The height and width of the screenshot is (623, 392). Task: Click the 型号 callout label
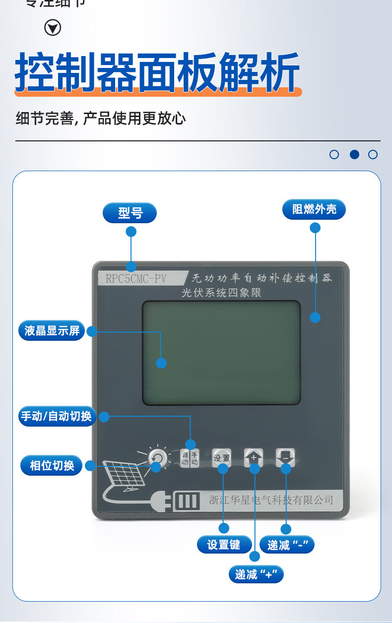[130, 213]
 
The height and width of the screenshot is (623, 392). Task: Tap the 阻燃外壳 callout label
[314, 209]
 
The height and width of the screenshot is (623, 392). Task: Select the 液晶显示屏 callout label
[52, 331]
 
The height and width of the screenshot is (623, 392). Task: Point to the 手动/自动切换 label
[56, 416]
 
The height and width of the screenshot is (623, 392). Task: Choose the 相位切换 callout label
[52, 466]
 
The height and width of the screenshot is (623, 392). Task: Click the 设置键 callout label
[223, 545]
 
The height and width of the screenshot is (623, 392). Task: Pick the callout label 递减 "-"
[287, 545]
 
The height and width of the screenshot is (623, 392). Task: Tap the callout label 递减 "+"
[256, 574]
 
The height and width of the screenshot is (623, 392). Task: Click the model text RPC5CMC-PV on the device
[136, 278]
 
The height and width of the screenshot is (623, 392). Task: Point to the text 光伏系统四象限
[221, 293]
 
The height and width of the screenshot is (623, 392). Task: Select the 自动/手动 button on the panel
[190, 458]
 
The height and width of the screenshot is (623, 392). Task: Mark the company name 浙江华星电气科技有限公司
[271, 500]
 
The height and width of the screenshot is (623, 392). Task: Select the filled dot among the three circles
[354, 154]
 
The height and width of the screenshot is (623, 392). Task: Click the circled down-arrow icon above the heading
[53, 28]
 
